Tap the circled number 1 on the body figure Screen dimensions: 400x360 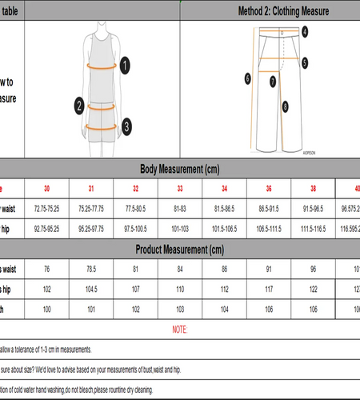click(125, 66)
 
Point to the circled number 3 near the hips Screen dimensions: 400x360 click(126, 126)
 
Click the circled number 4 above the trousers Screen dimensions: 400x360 click(306, 32)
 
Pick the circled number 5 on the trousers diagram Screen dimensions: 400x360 click(305, 62)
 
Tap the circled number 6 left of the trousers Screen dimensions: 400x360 click(248, 78)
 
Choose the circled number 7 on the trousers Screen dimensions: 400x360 click(273, 81)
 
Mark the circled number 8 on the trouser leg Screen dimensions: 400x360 click(285, 105)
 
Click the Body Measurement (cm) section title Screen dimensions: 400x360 click(180, 169)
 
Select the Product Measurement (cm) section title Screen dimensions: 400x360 click(180, 249)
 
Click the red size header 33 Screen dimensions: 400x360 click(180, 189)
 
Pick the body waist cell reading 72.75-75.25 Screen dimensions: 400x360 click(46, 208)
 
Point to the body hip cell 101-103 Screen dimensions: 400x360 click(180, 227)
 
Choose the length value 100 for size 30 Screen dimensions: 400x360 click(46, 309)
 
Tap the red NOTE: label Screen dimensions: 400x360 click(180, 330)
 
